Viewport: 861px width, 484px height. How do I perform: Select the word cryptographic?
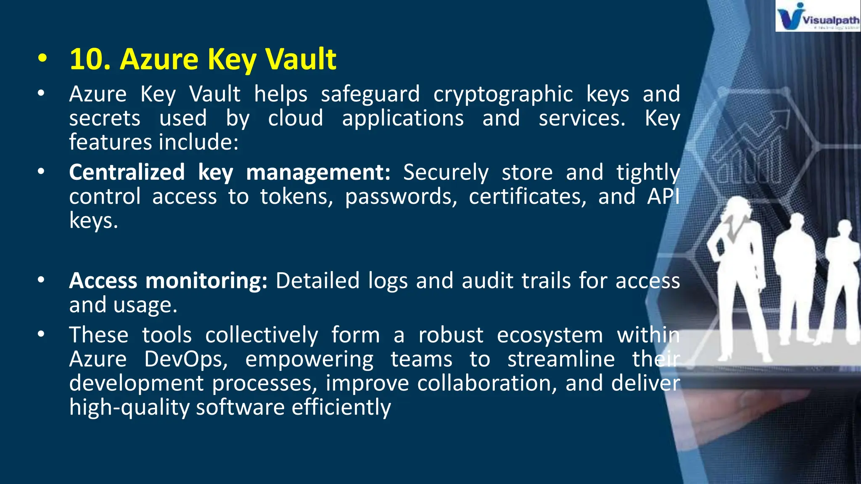(x=503, y=94)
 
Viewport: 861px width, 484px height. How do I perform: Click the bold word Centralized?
(x=127, y=172)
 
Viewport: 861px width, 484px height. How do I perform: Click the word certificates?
(x=527, y=197)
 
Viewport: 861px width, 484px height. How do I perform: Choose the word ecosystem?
(x=549, y=335)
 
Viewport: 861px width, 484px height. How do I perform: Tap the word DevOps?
(x=186, y=360)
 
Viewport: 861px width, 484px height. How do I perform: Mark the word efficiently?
(x=341, y=408)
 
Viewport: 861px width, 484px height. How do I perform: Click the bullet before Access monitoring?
(x=41, y=280)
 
